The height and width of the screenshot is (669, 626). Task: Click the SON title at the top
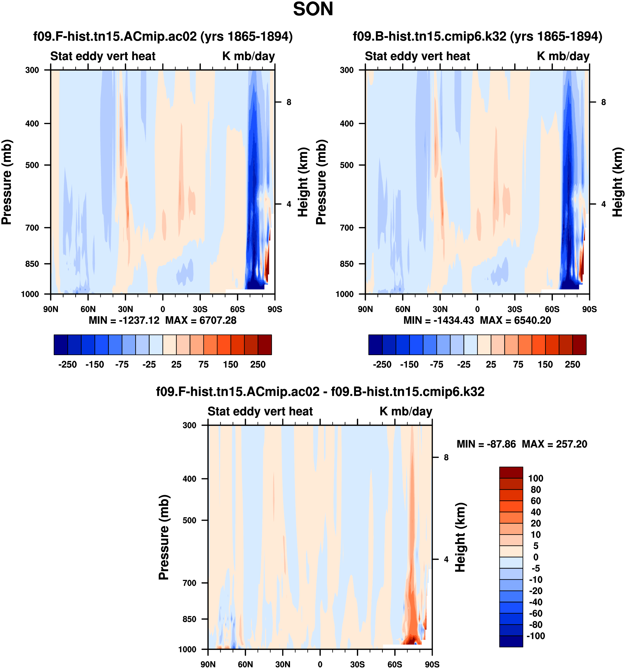coord(313,9)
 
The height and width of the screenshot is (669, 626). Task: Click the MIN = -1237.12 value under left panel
coord(124,320)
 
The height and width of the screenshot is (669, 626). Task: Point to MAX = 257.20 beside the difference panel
coord(554,444)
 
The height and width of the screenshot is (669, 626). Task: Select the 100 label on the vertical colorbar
coord(535,478)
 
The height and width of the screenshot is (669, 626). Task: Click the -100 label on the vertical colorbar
coord(535,636)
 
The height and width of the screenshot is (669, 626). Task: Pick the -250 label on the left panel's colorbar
coord(67,365)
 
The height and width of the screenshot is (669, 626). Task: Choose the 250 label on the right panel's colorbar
coord(572,365)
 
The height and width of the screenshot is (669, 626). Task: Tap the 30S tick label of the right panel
coord(515,309)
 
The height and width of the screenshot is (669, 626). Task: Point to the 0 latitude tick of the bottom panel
coord(320,664)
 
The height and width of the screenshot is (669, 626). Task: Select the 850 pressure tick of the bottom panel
coord(189,619)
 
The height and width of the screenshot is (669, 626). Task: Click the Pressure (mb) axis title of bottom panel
coord(164,538)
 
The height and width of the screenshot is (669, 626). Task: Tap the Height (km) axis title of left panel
coord(303,182)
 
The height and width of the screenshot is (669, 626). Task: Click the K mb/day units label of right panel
coord(563,56)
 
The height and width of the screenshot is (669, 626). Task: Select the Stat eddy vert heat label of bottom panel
coord(260,411)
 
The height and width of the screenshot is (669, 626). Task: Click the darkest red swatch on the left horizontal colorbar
coord(265,345)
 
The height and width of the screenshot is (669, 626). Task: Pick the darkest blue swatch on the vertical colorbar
coord(511,641)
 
